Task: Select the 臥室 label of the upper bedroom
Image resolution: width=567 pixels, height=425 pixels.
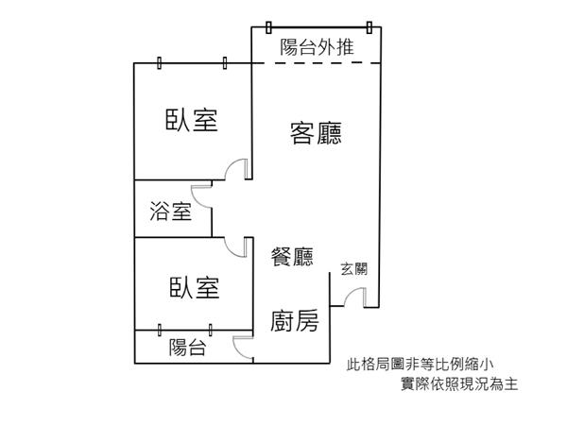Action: click(192, 120)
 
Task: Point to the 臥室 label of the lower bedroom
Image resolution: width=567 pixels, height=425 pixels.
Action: click(196, 287)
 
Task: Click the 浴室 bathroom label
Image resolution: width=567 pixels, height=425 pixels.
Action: click(171, 212)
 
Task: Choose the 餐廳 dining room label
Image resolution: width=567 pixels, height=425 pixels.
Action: click(292, 255)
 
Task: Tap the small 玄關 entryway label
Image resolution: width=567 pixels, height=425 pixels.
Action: click(354, 269)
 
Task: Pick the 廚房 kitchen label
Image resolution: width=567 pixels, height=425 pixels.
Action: click(294, 321)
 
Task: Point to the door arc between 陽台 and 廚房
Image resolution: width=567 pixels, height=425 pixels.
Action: click(243, 346)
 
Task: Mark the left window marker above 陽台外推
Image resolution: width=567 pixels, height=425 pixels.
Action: click(268, 28)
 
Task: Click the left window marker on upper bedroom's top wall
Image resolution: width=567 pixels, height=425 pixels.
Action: click(160, 62)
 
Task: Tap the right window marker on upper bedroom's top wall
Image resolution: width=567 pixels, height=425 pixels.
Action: click(225, 62)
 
